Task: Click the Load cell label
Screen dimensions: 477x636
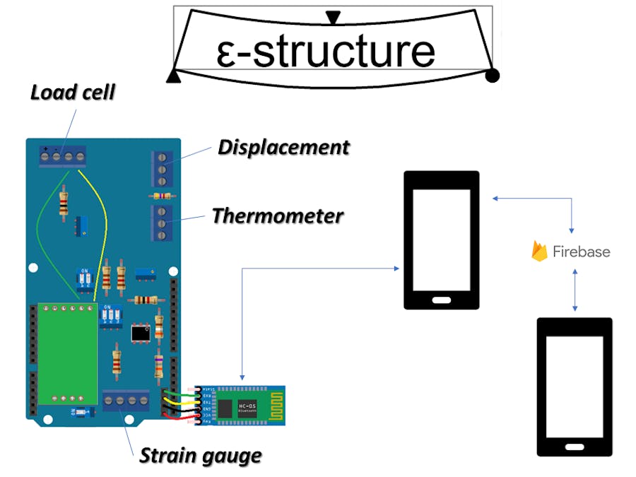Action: coord(72,93)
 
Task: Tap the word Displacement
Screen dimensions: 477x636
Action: coord(283,147)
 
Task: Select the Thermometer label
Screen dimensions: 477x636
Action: coord(278,216)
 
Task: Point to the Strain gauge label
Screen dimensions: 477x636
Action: coord(200,456)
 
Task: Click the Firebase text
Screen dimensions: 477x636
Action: coord(582,252)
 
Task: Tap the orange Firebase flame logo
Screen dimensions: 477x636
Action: coord(540,251)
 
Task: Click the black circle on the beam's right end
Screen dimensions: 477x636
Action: coord(493,75)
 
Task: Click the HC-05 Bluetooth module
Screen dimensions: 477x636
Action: coord(244,406)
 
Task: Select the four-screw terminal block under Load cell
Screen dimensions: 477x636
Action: coord(64,155)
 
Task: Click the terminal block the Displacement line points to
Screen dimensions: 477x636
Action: coord(161,167)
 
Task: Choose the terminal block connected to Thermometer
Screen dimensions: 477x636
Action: coord(161,223)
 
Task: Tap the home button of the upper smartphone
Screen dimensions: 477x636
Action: coord(441,300)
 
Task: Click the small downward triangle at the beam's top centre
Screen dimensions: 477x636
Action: coord(333,17)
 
